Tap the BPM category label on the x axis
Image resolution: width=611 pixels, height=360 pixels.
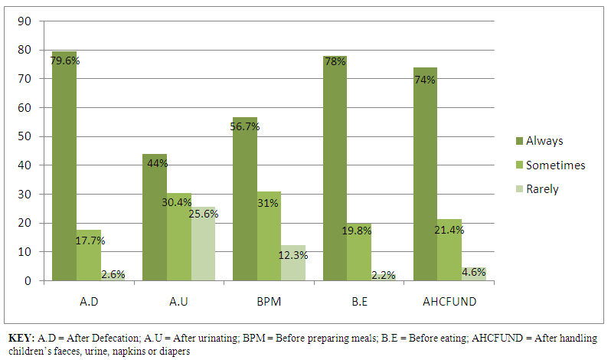(270, 302)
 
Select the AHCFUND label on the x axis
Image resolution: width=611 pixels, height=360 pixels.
(449, 302)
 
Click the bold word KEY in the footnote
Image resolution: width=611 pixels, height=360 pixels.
(21, 338)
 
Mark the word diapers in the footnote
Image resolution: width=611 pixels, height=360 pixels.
(175, 352)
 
